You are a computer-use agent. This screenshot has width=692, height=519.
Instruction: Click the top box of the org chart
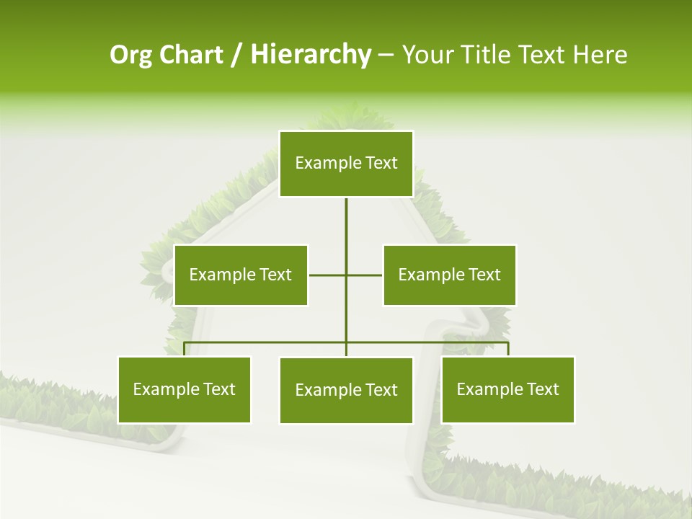pos(346,164)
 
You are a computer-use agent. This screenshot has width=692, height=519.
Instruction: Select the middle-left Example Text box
pos(241,275)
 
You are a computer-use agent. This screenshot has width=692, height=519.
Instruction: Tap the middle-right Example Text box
pos(449,275)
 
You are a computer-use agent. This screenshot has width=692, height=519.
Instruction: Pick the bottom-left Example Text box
pos(185,389)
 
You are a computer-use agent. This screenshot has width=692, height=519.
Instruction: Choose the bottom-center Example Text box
pos(346,390)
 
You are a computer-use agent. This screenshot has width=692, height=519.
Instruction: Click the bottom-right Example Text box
pos(507,389)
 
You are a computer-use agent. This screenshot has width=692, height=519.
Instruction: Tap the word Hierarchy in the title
pos(311,55)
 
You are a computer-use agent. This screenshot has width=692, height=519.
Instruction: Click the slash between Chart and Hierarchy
pos(236,55)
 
